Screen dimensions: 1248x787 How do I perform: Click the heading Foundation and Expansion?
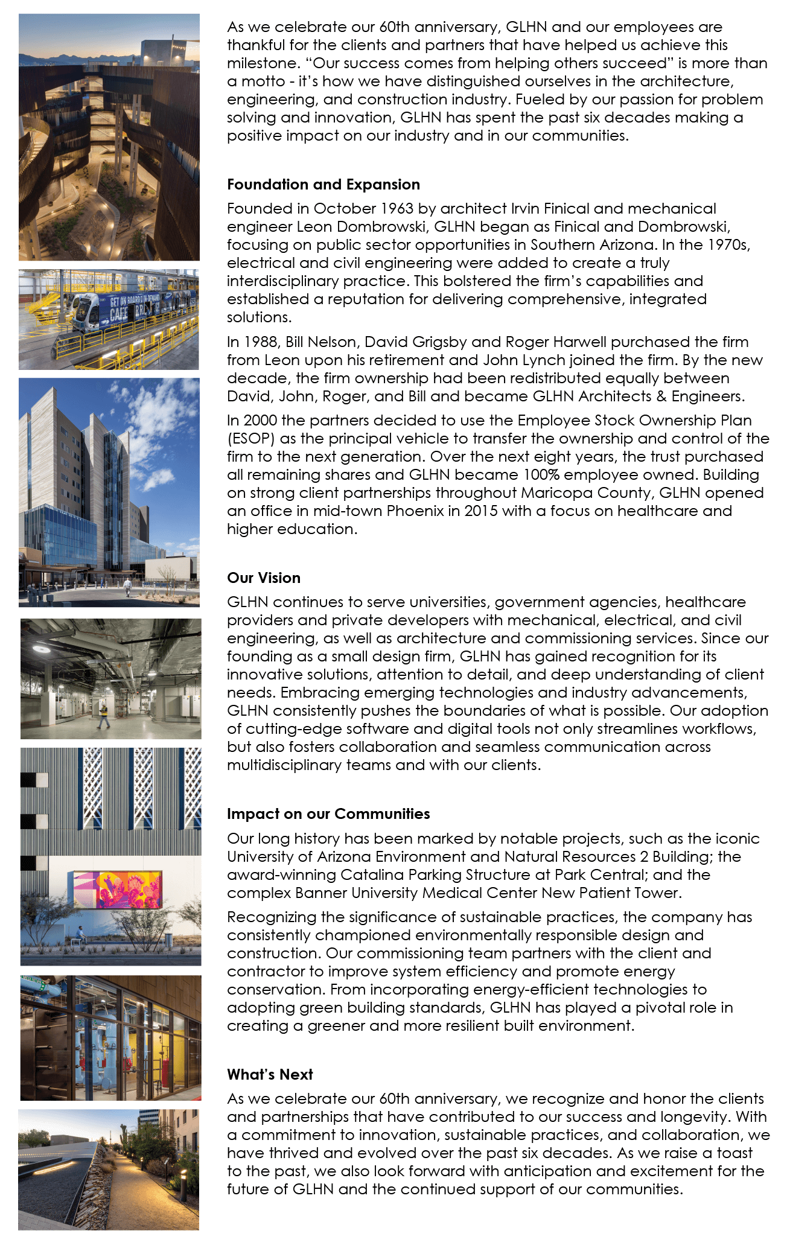(x=323, y=185)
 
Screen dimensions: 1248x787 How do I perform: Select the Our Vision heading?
(x=263, y=578)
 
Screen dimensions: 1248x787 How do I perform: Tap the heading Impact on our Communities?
(x=328, y=814)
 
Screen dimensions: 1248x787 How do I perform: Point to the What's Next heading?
(x=270, y=1075)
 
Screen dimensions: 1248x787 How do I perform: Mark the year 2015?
(x=482, y=511)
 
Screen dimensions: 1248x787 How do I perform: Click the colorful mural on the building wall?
(x=117, y=890)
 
